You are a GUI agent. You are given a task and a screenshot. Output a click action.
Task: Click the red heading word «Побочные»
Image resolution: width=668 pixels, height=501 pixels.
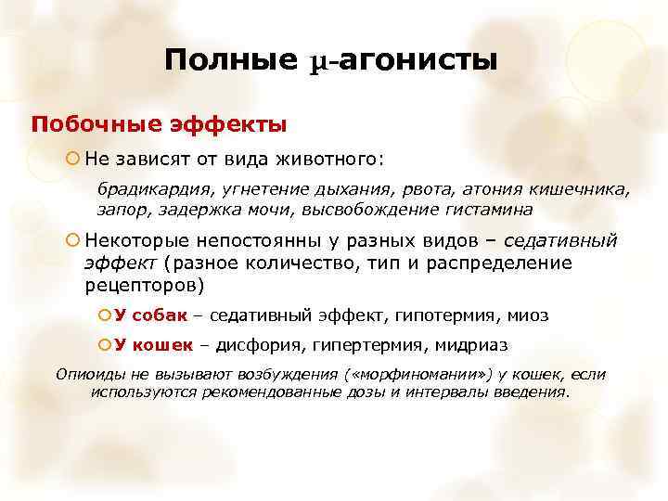coord(86,123)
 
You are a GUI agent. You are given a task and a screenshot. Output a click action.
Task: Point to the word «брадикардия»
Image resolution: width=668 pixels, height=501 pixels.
coord(152,189)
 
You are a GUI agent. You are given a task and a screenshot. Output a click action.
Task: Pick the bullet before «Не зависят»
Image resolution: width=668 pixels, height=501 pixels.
coord(72,159)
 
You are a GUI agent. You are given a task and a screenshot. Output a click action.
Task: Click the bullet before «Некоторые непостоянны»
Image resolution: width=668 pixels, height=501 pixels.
coord(72,241)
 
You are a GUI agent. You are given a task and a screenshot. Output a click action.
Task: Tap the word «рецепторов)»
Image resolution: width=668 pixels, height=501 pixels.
coord(144,284)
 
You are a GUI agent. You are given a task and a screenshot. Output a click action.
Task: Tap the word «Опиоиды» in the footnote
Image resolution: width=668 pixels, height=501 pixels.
coord(92,375)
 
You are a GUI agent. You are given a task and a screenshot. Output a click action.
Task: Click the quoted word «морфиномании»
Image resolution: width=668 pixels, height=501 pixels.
coord(405,375)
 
